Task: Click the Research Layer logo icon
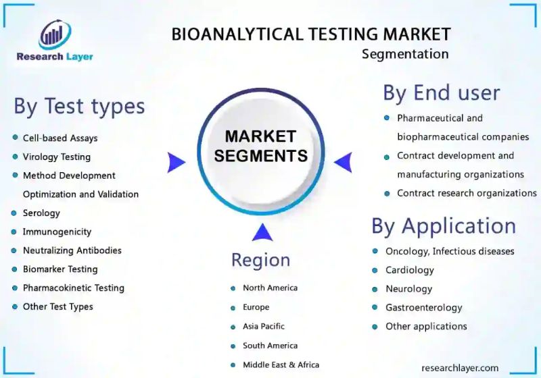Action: [x=54, y=35]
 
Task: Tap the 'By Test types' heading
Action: [x=79, y=106]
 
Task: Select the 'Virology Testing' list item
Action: [x=56, y=157]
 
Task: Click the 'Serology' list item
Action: [x=41, y=213]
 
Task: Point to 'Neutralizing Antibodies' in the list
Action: [x=72, y=250]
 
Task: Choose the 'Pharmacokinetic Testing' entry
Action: [x=73, y=288]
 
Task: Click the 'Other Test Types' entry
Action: [x=57, y=306]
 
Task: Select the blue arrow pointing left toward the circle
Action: [x=344, y=162]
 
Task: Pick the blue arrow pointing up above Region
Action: [x=262, y=233]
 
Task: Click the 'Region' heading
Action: [x=260, y=260]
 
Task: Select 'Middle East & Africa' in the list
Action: [x=281, y=364]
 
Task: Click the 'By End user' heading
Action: [x=442, y=92]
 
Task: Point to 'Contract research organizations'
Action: [x=467, y=193]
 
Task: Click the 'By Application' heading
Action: [x=444, y=226]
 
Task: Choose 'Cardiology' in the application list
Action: [x=409, y=270]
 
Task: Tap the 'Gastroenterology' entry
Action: [x=423, y=308]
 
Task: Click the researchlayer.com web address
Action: [x=460, y=368]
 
